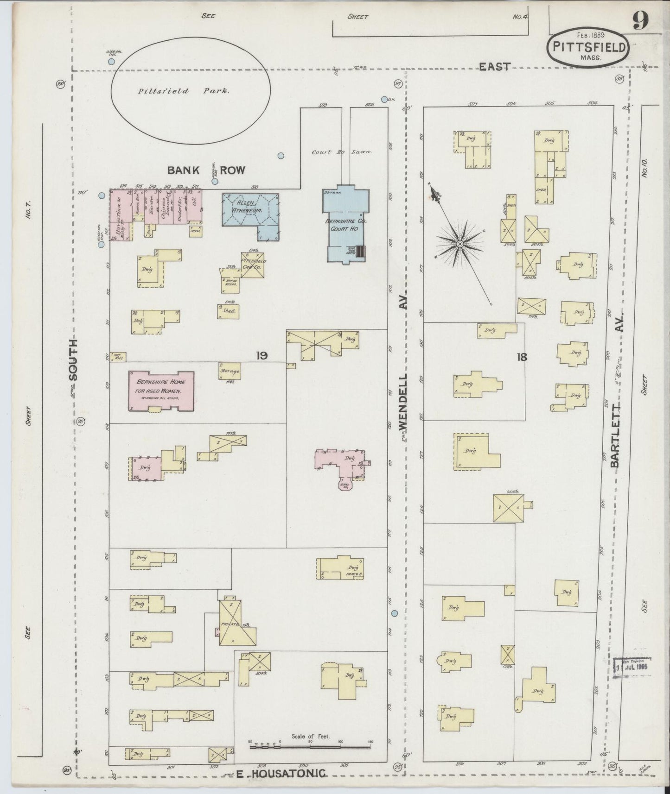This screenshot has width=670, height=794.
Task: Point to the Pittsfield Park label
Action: pyautogui.click(x=183, y=91)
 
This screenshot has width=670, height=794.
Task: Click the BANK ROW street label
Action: pyautogui.click(x=206, y=170)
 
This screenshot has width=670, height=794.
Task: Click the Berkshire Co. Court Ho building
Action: pyautogui.click(x=346, y=225)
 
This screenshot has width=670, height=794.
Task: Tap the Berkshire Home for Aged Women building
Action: pyautogui.click(x=161, y=390)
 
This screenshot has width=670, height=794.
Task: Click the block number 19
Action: pyautogui.click(x=262, y=356)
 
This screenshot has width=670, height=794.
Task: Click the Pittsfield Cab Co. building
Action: pyautogui.click(x=253, y=265)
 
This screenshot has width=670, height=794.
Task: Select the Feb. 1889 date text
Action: pyautogui.click(x=588, y=34)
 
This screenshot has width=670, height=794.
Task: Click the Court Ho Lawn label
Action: pyautogui.click(x=343, y=152)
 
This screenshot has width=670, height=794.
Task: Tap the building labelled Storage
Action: pyautogui.click(x=230, y=371)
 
